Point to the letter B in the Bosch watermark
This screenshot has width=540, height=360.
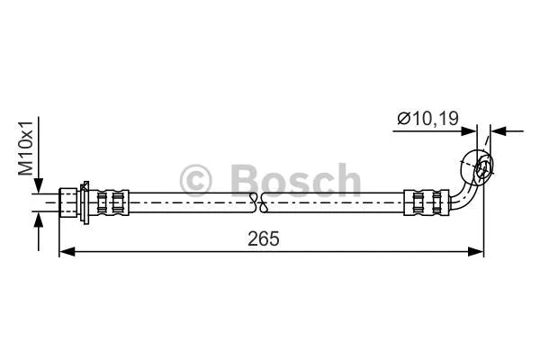click(246, 180)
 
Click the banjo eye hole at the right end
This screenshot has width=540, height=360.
click(481, 166)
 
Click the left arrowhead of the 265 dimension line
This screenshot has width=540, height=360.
click(65, 253)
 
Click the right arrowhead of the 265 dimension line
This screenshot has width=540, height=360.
click(478, 253)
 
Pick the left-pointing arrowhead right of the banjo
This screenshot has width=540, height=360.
click(499, 130)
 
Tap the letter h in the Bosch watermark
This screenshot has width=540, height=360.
click(344, 180)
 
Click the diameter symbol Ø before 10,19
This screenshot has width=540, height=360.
click(402, 118)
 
